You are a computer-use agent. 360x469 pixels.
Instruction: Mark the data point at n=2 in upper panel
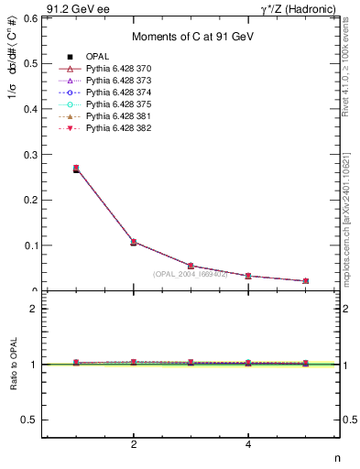click(x=134, y=242)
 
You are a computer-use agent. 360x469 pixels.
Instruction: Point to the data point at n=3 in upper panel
click(x=191, y=266)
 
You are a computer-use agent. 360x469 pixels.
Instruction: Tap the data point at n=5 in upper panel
click(x=305, y=281)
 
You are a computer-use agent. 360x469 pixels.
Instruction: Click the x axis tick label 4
click(x=248, y=445)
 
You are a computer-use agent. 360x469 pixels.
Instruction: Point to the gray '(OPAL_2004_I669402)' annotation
click(x=191, y=274)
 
